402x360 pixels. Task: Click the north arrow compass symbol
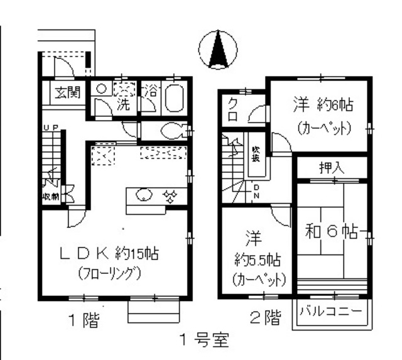pos(218,48)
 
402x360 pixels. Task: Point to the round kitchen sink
pos(144,195)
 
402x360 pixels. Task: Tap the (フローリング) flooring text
pos(109,274)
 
